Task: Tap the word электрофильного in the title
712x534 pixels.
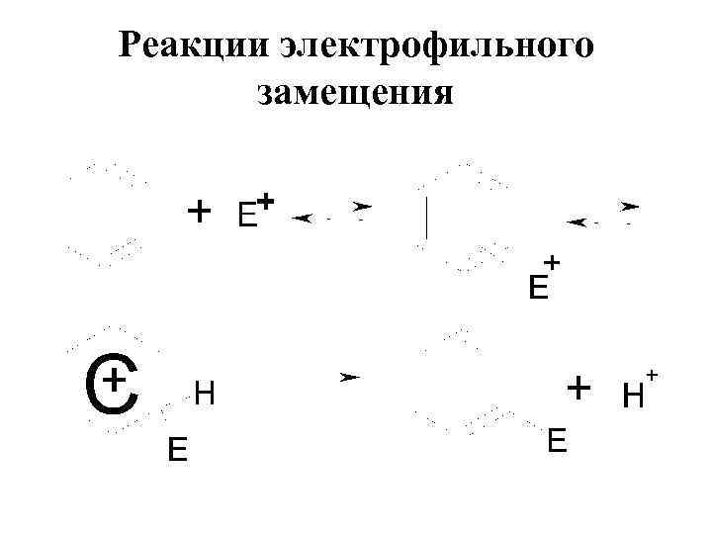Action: pos(435,46)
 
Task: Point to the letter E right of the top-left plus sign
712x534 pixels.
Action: pos(247,216)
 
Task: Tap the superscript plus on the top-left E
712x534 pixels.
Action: pos(266,201)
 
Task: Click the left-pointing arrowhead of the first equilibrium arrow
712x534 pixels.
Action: pos(303,217)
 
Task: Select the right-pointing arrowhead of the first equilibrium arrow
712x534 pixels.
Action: pos(363,206)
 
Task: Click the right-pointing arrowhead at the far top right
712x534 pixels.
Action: pos(630,207)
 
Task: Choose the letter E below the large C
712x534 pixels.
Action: pos(177,451)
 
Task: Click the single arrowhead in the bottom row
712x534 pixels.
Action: pos(349,378)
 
